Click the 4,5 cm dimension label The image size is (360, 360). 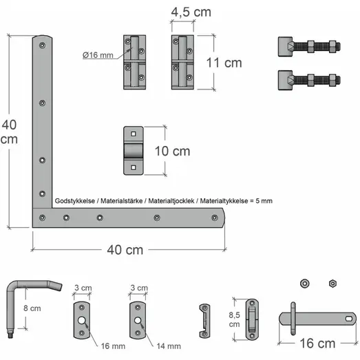point(191,12)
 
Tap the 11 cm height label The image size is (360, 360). point(224,63)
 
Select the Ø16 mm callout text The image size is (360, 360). point(98,55)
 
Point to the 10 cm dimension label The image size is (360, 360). point(172,151)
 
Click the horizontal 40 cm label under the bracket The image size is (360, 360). point(125,250)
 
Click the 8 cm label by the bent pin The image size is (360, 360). point(32,308)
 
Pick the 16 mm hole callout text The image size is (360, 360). point(113,346)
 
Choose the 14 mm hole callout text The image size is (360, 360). point(169,346)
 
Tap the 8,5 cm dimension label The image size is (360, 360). point(234,319)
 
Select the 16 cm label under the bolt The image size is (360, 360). point(317,343)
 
